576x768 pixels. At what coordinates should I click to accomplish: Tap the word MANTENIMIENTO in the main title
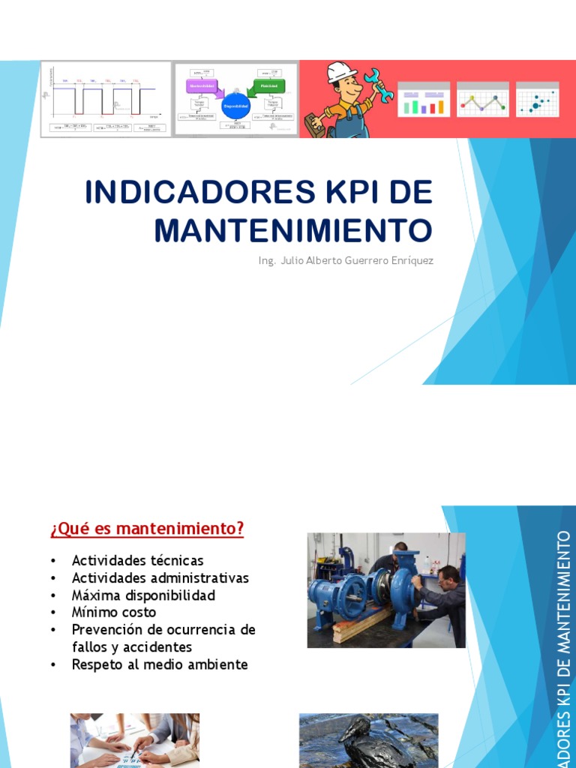click(x=293, y=229)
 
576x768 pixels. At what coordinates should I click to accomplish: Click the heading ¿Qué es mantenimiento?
click(x=147, y=529)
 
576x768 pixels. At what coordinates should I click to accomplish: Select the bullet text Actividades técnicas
click(x=137, y=560)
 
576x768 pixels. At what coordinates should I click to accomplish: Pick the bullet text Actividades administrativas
click(x=160, y=577)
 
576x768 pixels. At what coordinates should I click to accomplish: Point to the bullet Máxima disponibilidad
click(x=143, y=595)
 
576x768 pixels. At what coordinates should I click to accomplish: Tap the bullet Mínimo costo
click(x=114, y=612)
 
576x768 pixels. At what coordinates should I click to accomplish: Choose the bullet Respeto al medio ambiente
click(x=159, y=664)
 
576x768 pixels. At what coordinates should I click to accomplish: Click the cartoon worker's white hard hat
click(x=341, y=72)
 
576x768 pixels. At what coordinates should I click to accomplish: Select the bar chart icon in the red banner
click(x=423, y=100)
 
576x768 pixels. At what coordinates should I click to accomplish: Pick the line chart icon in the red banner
click(x=482, y=100)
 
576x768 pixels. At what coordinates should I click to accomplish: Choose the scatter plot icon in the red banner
click(x=537, y=100)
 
